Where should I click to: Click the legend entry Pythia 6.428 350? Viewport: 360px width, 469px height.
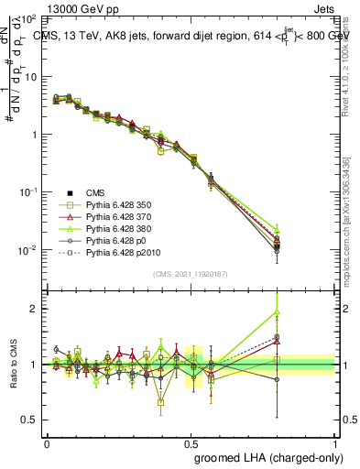coord(117,206)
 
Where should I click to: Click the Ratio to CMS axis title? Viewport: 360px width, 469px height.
coord(12,365)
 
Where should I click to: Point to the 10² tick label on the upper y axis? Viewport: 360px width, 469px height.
coord(30,19)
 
